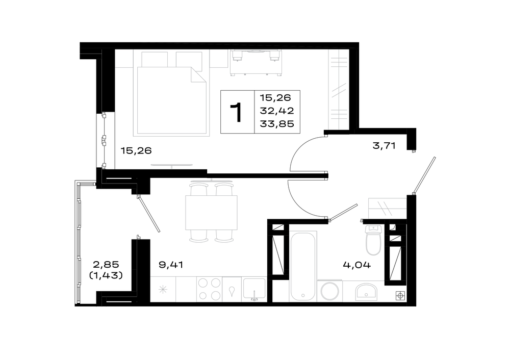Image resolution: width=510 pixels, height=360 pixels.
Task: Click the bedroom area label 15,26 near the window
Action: [x=136, y=150]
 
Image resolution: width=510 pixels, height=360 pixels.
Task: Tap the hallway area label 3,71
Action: [x=384, y=146]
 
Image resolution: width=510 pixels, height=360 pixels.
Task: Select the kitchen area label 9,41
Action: [x=171, y=265]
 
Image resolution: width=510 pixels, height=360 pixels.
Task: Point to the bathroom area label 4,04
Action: [x=357, y=265]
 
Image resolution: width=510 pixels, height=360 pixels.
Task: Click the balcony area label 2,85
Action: [x=106, y=264]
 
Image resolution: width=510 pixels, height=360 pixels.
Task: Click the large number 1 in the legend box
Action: [x=237, y=112]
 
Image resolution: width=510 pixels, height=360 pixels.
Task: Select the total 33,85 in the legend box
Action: [x=277, y=124]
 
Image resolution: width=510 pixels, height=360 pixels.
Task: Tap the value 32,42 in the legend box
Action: [x=277, y=111]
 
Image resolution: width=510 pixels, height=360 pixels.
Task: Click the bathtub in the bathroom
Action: [x=303, y=266]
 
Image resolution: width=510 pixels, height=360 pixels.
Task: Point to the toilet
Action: [x=373, y=240]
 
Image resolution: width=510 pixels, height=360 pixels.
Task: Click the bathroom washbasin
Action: [x=366, y=292]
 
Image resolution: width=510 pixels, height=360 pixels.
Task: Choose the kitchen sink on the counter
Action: [x=254, y=289]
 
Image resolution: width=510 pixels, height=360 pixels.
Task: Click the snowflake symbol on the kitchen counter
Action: [x=163, y=289]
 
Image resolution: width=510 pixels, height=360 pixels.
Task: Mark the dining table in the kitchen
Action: [x=212, y=212]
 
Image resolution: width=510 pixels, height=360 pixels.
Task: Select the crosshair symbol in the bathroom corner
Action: [x=400, y=296]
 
